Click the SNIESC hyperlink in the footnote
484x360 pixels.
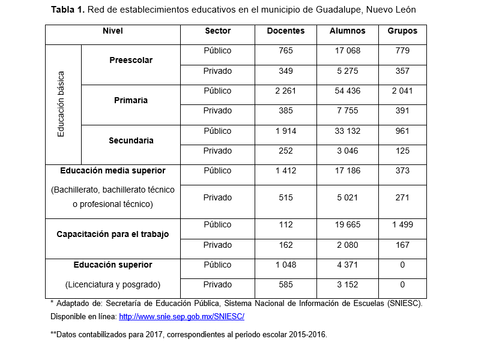[x=181, y=316]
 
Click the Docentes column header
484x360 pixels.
[x=285, y=31]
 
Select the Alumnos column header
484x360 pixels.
[x=347, y=31]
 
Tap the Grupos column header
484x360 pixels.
[x=402, y=31]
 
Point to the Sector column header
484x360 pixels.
[x=217, y=31]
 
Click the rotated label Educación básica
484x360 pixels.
[x=61, y=104]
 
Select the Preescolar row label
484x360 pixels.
[x=131, y=61]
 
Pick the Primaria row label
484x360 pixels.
[x=131, y=101]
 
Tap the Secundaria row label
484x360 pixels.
[x=131, y=141]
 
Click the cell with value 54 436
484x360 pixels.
[x=347, y=91]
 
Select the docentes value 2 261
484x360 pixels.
[x=285, y=91]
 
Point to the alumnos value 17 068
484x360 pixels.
[x=347, y=51]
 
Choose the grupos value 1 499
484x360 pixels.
[x=402, y=225]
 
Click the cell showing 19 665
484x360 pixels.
[x=347, y=225]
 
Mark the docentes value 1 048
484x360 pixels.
[x=285, y=265]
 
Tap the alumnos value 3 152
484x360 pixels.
[x=347, y=285]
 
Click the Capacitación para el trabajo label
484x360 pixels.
[x=112, y=235]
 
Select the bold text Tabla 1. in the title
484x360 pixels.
[x=68, y=10]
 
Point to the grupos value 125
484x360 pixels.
[x=402, y=151]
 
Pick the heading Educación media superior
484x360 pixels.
[x=112, y=171]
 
